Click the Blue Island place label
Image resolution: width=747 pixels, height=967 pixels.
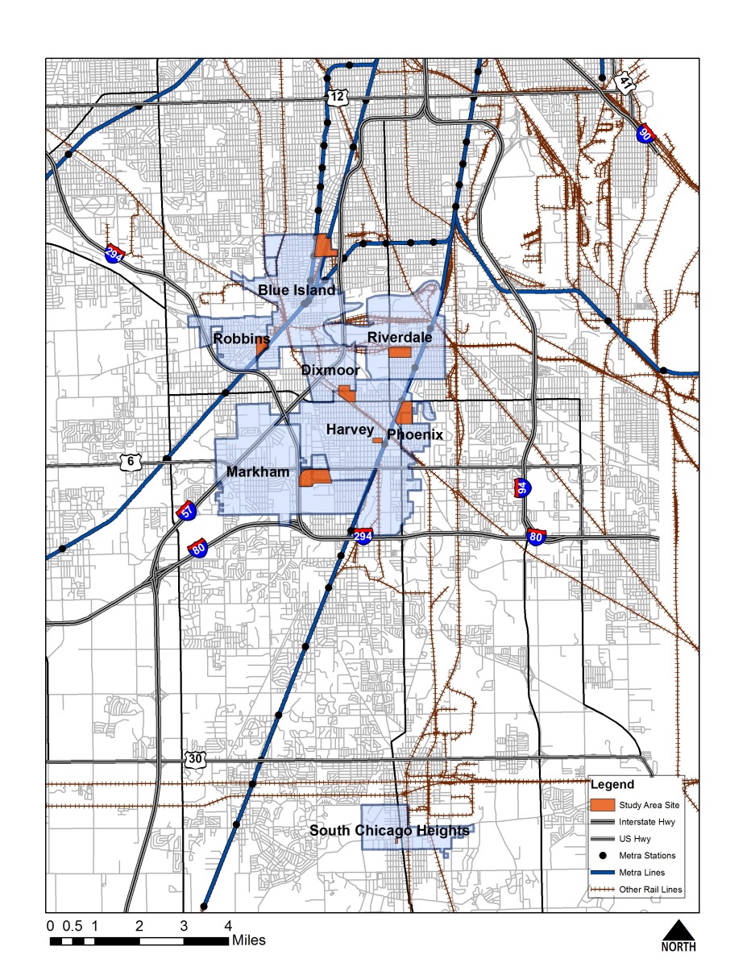pyautogui.click(x=296, y=290)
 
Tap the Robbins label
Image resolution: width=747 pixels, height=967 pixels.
pyautogui.click(x=241, y=340)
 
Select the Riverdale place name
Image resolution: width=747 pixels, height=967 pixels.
pyautogui.click(x=400, y=337)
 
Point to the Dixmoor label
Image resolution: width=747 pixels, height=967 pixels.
pyautogui.click(x=330, y=371)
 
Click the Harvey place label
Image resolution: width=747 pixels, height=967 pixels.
pyautogui.click(x=350, y=430)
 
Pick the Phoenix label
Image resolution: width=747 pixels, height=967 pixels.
pyautogui.click(x=415, y=435)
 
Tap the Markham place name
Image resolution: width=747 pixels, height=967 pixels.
pyautogui.click(x=258, y=471)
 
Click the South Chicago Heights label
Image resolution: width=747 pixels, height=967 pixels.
pyautogui.click(x=390, y=831)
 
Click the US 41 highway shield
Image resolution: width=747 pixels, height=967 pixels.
pyautogui.click(x=625, y=82)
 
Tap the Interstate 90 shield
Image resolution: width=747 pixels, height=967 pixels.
pyautogui.click(x=644, y=134)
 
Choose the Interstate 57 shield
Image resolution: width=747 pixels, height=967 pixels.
pyautogui.click(x=186, y=513)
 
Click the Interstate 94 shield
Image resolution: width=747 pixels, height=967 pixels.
pyautogui.click(x=521, y=488)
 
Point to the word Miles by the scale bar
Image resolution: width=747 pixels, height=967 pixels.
pyautogui.click(x=248, y=940)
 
